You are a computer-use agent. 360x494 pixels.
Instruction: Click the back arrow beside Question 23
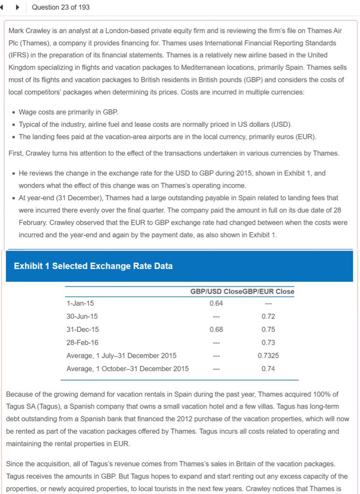click(x=4, y=7)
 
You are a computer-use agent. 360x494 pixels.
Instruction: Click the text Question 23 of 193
click(x=60, y=7)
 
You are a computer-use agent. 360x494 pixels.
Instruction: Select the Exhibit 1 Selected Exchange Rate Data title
click(x=93, y=266)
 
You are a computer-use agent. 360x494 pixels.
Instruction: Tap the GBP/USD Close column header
click(x=211, y=291)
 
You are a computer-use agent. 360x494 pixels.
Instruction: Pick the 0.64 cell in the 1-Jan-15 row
click(x=216, y=303)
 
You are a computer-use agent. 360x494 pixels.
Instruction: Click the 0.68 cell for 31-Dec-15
click(x=216, y=329)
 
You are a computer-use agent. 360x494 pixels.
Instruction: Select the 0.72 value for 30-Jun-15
click(x=268, y=316)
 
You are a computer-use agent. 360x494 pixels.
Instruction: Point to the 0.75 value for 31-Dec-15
click(x=268, y=329)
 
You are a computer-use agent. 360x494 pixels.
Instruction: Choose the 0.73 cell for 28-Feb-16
click(x=268, y=343)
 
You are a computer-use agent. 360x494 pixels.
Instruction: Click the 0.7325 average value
click(x=268, y=356)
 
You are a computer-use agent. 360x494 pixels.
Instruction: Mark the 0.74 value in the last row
click(x=268, y=369)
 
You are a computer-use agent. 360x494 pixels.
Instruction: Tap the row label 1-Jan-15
click(x=80, y=303)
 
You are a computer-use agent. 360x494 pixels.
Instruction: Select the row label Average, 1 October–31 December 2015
click(x=127, y=369)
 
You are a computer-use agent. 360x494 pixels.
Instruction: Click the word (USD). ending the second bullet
click(x=282, y=124)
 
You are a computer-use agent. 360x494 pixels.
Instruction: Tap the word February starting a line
click(x=33, y=222)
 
